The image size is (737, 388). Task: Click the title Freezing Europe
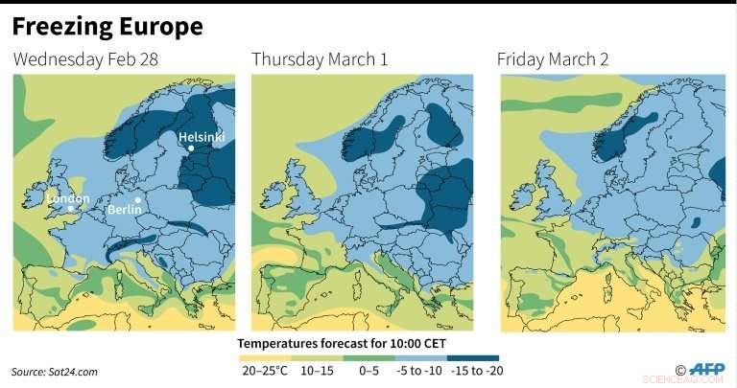coord(107,27)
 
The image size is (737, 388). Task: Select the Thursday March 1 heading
coord(320,60)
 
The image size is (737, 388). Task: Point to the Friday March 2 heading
coord(553,60)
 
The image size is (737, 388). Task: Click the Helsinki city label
coord(202,137)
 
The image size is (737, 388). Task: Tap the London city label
coord(67,199)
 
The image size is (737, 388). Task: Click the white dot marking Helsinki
coord(191,148)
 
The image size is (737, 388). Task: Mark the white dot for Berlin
coord(140,199)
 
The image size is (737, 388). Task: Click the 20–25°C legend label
coord(261,371)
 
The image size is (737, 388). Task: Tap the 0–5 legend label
coord(370,371)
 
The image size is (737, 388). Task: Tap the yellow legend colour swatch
coord(261,358)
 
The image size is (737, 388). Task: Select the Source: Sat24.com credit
coord(55,371)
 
